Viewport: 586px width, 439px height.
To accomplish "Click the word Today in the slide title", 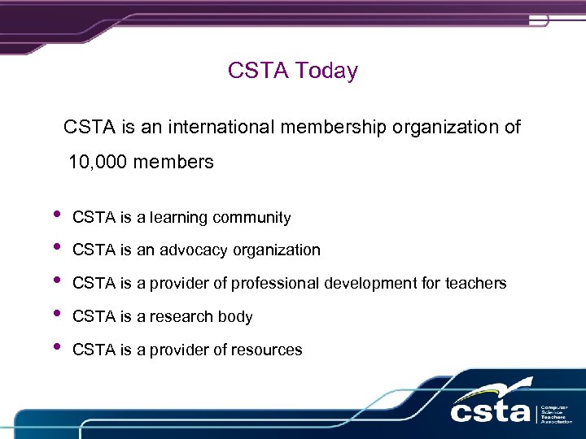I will coord(326,71).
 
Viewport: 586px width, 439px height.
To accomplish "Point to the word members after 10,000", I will coord(173,163).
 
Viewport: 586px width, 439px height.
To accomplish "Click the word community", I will coord(251,218).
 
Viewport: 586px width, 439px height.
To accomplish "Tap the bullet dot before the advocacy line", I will coord(55,247).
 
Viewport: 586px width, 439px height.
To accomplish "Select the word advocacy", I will coord(195,250).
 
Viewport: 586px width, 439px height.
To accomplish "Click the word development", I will coord(370,284).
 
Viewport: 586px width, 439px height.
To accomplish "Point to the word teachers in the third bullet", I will coord(474,284).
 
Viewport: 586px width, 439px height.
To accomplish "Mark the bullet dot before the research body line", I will coord(55,314).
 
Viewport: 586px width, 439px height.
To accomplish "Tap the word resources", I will coord(265,350).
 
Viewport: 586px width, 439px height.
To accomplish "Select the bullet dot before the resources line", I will coord(55,347).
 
